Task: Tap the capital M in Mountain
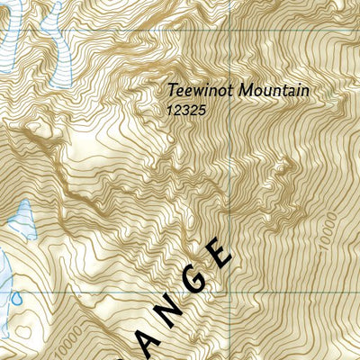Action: click(x=235, y=91)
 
